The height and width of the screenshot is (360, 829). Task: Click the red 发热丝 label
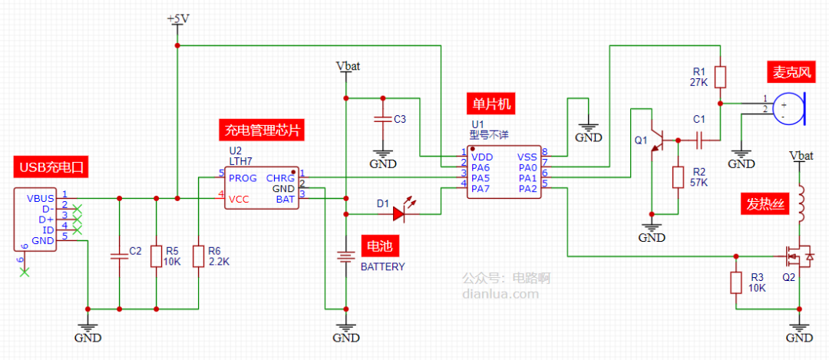pos(764,203)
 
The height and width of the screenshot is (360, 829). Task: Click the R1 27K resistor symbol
pos(720,77)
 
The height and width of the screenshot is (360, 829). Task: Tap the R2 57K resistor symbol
pos(678,177)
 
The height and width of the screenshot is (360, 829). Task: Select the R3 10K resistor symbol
pos(736,282)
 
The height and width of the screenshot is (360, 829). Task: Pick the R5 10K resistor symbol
pos(156,256)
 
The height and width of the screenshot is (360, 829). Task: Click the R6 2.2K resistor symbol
pos(198,256)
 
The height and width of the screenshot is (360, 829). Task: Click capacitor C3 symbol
pos(381,119)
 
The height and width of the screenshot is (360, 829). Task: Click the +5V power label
pos(177,18)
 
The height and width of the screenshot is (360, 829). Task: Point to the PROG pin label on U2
pos(243,178)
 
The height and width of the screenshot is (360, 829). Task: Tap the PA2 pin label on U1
pos(527,189)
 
